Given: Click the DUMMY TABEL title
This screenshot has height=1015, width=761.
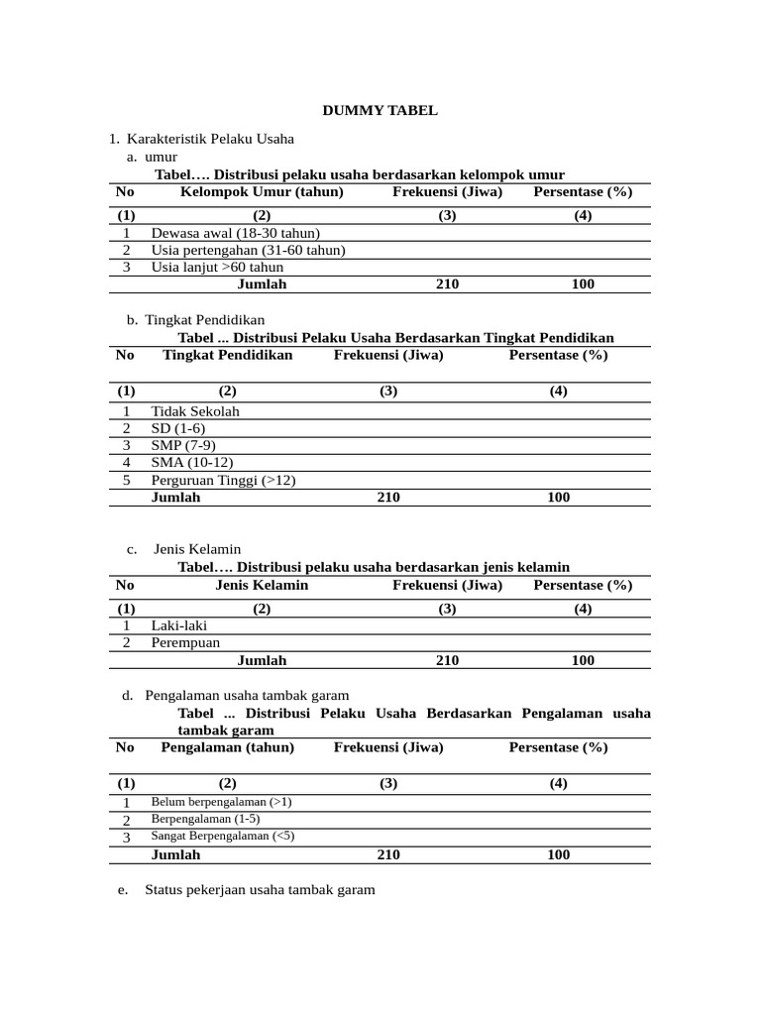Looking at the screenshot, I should (x=380, y=110).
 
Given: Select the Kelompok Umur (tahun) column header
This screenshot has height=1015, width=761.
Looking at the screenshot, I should (x=262, y=192).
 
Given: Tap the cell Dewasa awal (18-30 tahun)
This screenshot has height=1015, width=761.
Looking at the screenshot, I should (x=235, y=233).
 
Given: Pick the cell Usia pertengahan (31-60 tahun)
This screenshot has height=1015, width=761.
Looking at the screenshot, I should (x=248, y=250).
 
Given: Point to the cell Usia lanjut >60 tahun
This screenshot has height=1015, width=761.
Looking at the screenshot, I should (x=217, y=268).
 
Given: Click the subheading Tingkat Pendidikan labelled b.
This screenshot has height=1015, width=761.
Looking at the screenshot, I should (x=204, y=320).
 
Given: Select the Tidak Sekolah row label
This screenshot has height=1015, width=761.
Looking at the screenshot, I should (x=195, y=411).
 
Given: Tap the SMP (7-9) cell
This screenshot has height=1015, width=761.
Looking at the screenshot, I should (x=183, y=446).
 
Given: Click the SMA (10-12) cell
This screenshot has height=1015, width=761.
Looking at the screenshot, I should (x=192, y=463).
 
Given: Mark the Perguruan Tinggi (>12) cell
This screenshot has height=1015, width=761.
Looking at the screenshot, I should (x=223, y=481).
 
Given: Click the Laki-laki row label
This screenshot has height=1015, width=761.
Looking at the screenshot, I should (x=179, y=625).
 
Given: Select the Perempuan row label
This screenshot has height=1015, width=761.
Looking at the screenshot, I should (x=185, y=643).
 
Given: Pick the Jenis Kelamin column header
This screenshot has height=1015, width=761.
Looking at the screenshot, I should (x=262, y=585).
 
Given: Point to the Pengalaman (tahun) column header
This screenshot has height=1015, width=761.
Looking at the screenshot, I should (x=227, y=747).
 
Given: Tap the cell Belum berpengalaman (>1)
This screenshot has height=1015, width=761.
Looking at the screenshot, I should (x=221, y=802).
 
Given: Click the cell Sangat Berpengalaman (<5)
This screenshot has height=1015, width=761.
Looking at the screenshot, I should (x=222, y=836).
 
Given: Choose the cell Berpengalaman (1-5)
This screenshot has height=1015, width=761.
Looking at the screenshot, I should (x=205, y=819).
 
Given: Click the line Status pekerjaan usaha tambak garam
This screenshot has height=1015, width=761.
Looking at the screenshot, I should (x=260, y=890).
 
